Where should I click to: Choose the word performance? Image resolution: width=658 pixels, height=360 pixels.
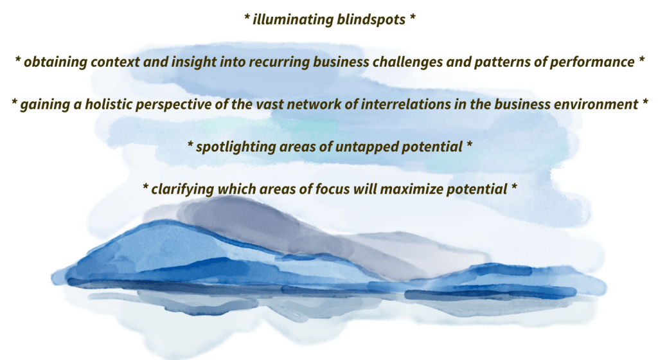pyautogui.click(x=592, y=62)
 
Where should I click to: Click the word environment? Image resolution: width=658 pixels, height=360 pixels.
pyautogui.click(x=596, y=105)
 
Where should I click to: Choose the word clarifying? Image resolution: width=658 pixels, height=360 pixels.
pyautogui.click(x=182, y=190)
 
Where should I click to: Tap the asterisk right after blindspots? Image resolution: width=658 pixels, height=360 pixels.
pyautogui.click(x=413, y=17)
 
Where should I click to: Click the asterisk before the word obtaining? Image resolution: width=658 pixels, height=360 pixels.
pyautogui.click(x=18, y=59)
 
